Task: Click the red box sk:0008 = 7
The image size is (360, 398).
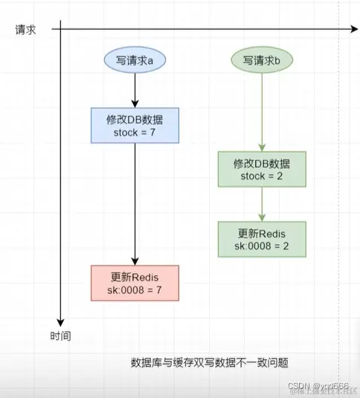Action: (x=134, y=283)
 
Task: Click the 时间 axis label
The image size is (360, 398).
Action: (x=61, y=336)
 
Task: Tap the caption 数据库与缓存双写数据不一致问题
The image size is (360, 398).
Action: (x=209, y=363)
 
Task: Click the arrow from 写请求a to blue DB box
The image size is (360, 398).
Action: (x=134, y=91)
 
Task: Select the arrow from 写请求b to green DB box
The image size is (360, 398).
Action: (x=261, y=112)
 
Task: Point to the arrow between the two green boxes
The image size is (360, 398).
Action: (x=261, y=203)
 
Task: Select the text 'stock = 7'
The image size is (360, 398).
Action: (x=134, y=132)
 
